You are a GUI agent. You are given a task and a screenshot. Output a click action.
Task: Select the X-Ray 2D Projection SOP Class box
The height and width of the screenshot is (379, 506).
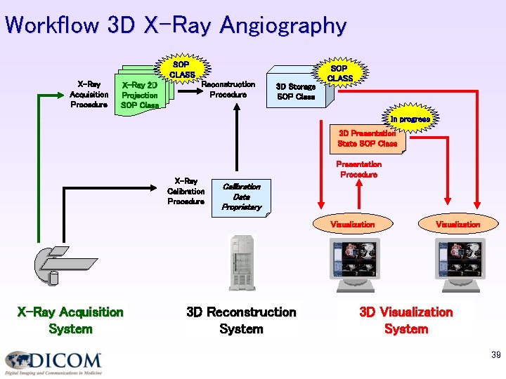(140, 93)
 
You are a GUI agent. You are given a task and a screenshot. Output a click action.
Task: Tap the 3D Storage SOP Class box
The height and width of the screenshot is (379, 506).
(296, 91)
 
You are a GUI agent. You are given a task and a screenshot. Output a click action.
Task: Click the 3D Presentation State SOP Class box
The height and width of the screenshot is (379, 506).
(367, 138)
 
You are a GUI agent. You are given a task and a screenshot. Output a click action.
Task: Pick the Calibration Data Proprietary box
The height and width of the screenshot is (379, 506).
(241, 197)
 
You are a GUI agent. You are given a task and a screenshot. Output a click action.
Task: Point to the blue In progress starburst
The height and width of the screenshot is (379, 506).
(410, 119)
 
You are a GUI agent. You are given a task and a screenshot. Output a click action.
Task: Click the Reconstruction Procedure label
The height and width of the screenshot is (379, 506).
(228, 89)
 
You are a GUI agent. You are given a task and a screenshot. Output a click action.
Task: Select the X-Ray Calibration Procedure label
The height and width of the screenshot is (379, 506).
(186, 191)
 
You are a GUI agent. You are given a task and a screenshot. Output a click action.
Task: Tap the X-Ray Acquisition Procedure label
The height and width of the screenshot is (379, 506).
(89, 93)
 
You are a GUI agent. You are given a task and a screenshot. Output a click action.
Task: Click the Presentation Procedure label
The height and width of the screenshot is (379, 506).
(358, 169)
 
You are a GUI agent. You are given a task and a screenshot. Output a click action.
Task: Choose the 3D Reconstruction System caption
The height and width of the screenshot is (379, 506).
(241, 320)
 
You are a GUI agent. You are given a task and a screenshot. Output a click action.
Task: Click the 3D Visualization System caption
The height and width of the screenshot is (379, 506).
(406, 320)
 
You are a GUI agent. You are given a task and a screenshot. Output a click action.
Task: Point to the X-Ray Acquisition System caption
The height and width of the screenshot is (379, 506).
(70, 320)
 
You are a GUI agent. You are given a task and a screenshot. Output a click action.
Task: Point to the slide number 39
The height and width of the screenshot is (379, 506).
(495, 356)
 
